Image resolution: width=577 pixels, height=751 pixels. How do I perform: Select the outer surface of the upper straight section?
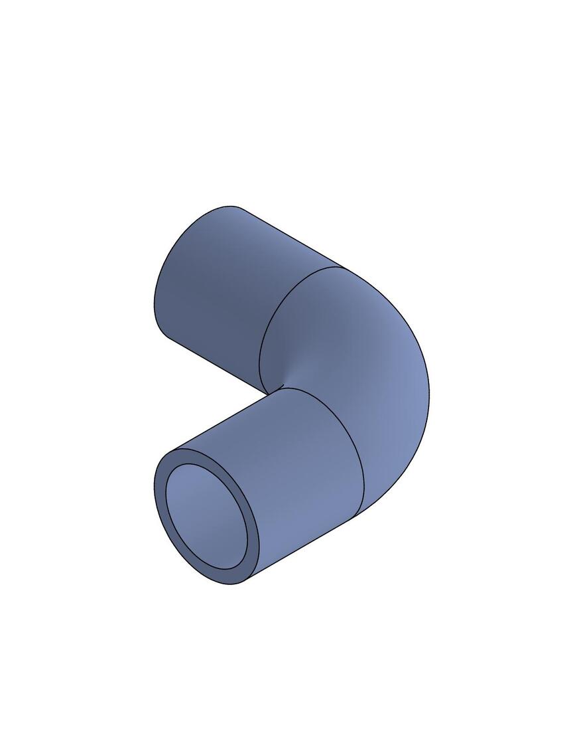tap(219, 286)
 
